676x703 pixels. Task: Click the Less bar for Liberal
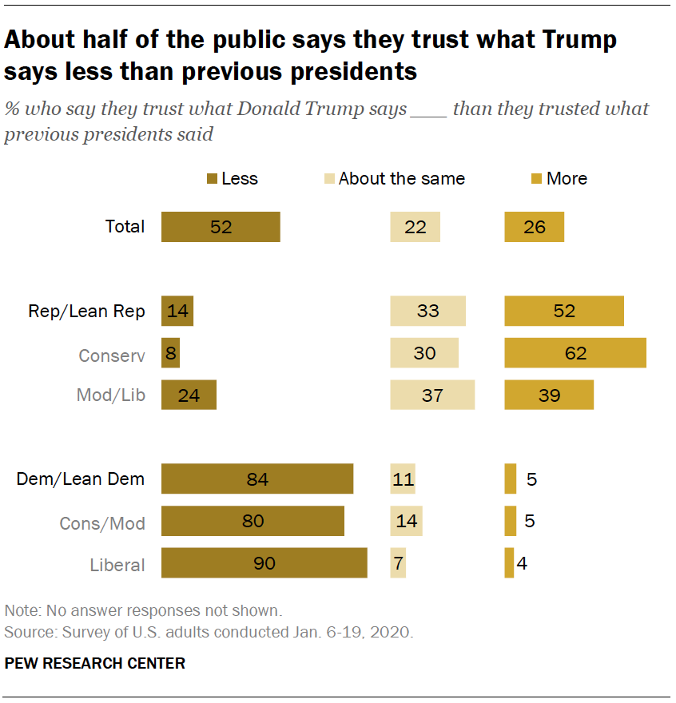coord(264,563)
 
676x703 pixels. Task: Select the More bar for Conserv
coord(575,353)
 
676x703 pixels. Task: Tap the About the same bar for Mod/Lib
coord(432,395)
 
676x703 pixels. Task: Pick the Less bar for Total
coord(221,227)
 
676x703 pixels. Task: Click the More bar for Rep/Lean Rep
coord(563,311)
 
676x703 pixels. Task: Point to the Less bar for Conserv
coord(170,353)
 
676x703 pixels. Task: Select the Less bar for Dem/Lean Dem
coord(257,479)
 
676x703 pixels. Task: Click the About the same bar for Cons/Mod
coord(406,522)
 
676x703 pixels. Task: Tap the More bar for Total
coord(534,227)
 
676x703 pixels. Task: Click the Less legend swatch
coord(212,179)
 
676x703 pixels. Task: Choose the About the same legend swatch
coord(328,179)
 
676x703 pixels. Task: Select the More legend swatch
coord(537,179)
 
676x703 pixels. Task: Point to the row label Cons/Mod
coord(102,523)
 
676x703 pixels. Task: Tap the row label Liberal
coord(117,565)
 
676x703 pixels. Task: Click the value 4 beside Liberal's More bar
coord(522,563)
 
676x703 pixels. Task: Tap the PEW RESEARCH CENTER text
coord(95,663)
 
